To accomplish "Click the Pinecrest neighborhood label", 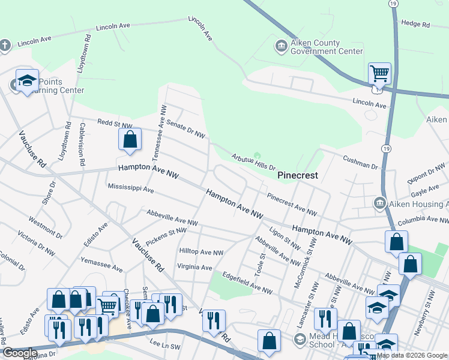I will click(x=297, y=176).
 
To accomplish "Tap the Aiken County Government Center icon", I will click(x=280, y=46).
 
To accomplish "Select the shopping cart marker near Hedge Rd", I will click(x=379, y=74).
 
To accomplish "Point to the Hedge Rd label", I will click(x=415, y=24).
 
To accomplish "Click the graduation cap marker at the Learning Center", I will click(x=27, y=81).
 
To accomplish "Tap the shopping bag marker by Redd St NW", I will click(x=130, y=140).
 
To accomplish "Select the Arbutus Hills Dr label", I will click(x=253, y=163).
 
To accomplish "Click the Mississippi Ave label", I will click(x=131, y=188).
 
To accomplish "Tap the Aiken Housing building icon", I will click(x=379, y=203).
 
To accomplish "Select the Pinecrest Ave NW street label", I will click(x=292, y=204).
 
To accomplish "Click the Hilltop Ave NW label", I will click(x=201, y=253).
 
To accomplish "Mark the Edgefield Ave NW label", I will click(x=247, y=283).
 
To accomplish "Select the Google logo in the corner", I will click(x=20, y=353).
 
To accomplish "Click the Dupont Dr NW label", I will click(x=429, y=172).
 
